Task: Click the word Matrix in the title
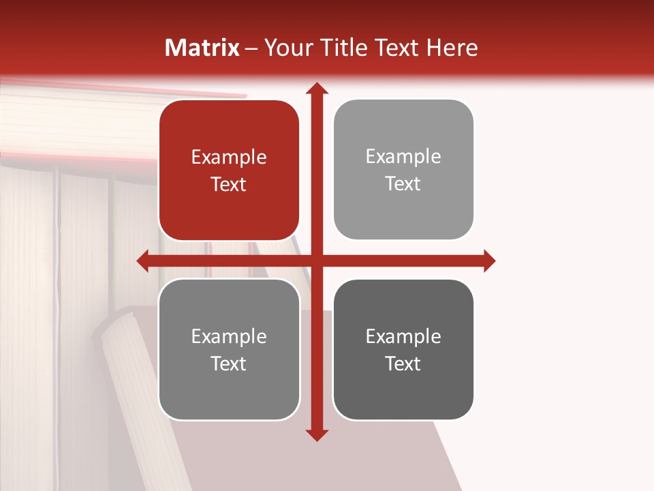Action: pos(202,48)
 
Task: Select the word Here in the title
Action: pos(452,48)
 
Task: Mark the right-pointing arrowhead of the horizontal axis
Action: pos(488,261)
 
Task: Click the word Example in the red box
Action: pos(229,158)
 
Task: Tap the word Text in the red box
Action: pos(229,184)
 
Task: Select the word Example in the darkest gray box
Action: pos(403,337)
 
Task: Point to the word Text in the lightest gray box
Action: pos(403,184)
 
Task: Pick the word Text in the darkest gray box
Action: pos(403,364)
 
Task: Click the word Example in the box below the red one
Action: pos(229,337)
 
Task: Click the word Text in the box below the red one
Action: pos(229,364)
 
